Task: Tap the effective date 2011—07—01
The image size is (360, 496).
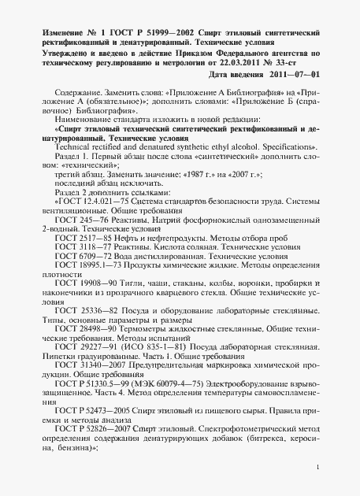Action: [292, 74]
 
